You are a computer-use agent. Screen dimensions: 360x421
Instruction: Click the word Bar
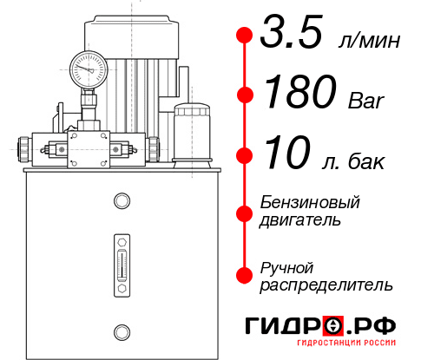[365, 101]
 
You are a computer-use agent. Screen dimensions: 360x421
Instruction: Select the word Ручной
[286, 266]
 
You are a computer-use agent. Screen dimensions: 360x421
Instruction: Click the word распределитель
[327, 284]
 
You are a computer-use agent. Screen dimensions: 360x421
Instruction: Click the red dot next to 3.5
[245, 36]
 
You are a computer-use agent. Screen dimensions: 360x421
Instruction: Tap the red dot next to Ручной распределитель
[245, 275]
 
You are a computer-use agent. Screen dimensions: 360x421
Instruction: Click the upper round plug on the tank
[121, 202]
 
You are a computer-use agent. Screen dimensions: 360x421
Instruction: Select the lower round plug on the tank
[121, 331]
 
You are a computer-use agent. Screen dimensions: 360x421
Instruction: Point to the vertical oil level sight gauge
[121, 261]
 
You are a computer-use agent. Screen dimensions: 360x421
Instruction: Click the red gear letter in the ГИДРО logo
[332, 326]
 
